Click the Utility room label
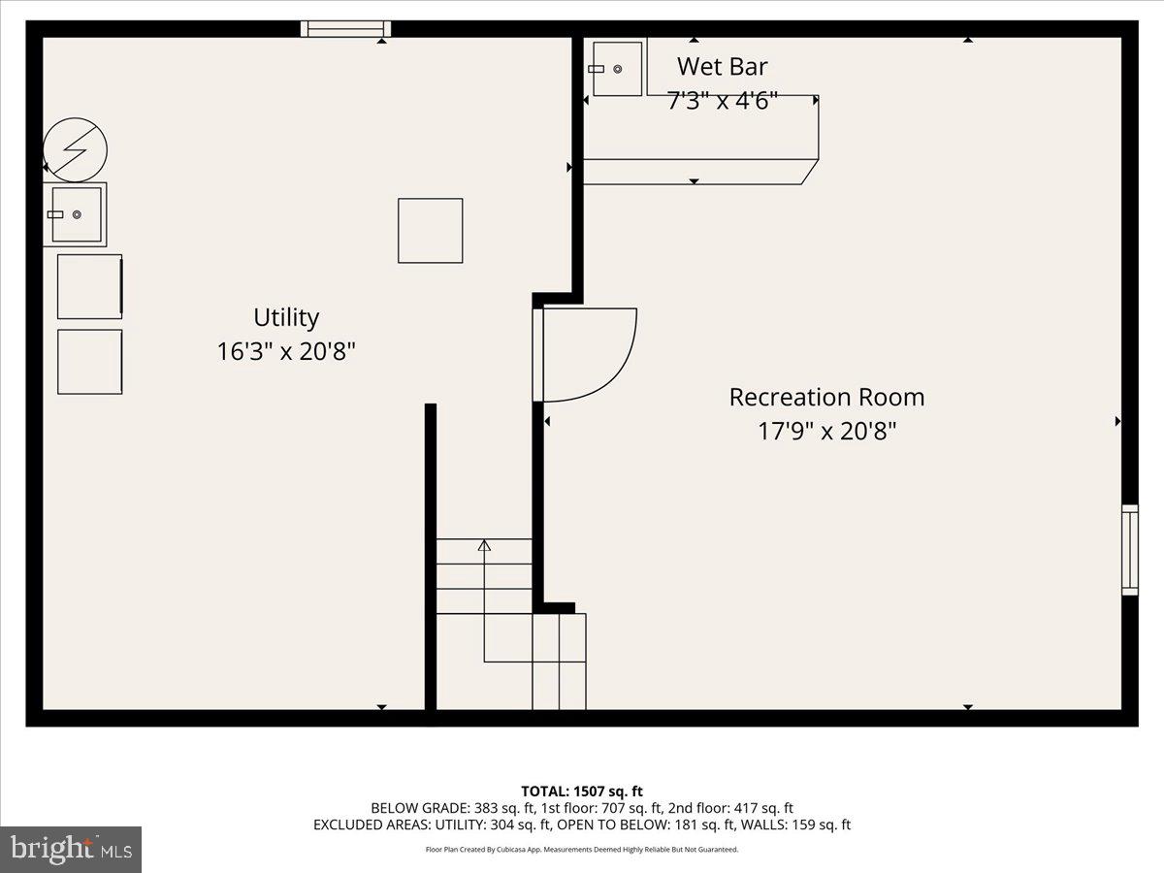click(x=286, y=317)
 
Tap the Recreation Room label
click(x=826, y=397)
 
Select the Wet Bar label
click(x=722, y=66)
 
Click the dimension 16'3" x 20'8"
click(x=286, y=351)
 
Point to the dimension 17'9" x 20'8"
click(x=826, y=431)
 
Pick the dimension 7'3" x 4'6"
click(x=723, y=101)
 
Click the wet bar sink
click(x=617, y=69)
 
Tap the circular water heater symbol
click(x=76, y=149)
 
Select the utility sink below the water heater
click(x=76, y=214)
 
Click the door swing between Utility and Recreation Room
click(x=587, y=354)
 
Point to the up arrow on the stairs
click(x=484, y=546)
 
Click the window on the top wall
click(x=345, y=28)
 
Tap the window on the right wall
click(x=1130, y=549)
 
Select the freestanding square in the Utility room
click(x=430, y=230)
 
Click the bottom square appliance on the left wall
click(x=89, y=362)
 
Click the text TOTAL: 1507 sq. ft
click(x=582, y=791)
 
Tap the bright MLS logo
click(x=71, y=849)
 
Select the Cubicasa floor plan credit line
click(x=582, y=850)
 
